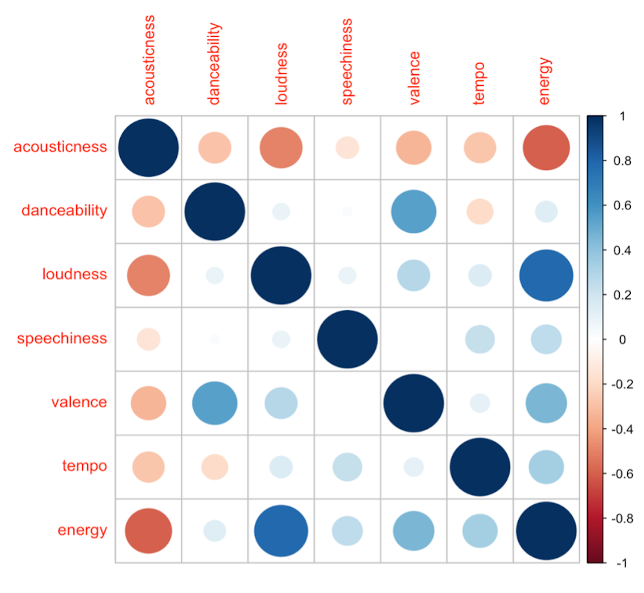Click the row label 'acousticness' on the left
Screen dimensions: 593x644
(x=60, y=147)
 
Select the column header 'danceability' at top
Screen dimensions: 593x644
(x=214, y=64)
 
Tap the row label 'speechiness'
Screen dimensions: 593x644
(x=62, y=338)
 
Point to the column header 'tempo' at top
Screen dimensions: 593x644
(x=479, y=84)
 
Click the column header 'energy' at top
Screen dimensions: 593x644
(x=544, y=81)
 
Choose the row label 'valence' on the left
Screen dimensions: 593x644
(x=79, y=402)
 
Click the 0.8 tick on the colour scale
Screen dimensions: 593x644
(x=622, y=161)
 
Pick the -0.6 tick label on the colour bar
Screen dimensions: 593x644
(x=622, y=474)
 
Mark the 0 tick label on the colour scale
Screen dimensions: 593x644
(x=622, y=340)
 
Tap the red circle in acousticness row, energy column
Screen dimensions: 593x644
(x=546, y=148)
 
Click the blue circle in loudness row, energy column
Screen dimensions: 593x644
(x=546, y=275)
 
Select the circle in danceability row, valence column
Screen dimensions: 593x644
(x=414, y=212)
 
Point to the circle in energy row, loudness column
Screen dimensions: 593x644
(x=281, y=531)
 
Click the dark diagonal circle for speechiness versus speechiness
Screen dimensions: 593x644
(x=347, y=339)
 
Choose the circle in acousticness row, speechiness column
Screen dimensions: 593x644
(x=347, y=148)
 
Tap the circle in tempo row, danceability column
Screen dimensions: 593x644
(x=215, y=467)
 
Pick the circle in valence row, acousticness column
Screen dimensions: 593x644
(x=148, y=403)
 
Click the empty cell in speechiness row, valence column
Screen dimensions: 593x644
(x=414, y=339)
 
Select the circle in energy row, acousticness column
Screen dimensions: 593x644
(x=148, y=531)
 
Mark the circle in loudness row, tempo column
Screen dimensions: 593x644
(x=480, y=275)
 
